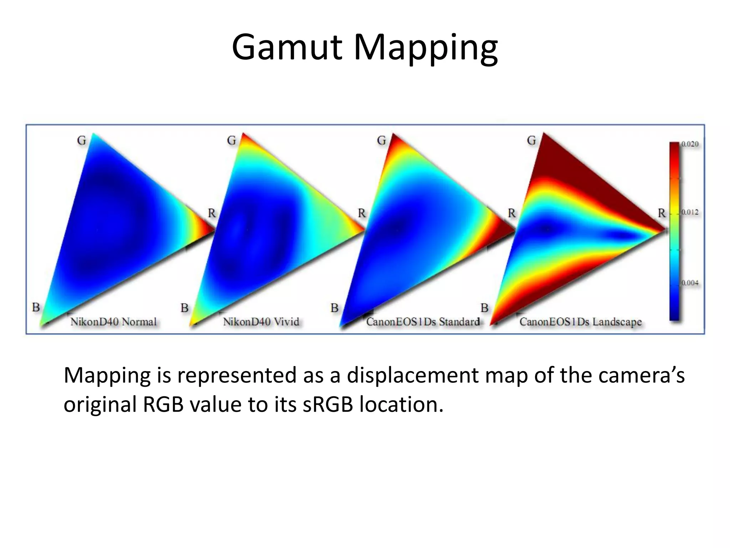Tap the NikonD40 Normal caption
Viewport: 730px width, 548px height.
[x=113, y=322]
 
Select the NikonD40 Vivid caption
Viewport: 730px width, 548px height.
[x=261, y=322]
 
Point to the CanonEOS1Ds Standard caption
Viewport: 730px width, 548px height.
[x=423, y=322]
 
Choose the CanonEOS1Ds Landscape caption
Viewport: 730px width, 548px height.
[x=580, y=322]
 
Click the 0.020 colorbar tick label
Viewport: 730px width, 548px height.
[x=690, y=144]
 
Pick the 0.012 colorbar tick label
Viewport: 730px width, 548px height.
[x=690, y=212]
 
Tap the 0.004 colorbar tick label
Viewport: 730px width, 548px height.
[x=690, y=283]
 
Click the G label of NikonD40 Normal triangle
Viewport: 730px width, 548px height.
[x=82, y=141]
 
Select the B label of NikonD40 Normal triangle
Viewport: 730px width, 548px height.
[x=36, y=307]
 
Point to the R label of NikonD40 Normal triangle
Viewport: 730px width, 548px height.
[x=212, y=213]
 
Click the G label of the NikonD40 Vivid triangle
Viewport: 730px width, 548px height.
[x=232, y=141]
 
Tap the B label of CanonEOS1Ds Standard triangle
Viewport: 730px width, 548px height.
[x=334, y=308]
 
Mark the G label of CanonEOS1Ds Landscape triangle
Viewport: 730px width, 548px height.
[x=531, y=141]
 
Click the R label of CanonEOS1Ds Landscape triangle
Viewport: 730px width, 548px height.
[x=662, y=213]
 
